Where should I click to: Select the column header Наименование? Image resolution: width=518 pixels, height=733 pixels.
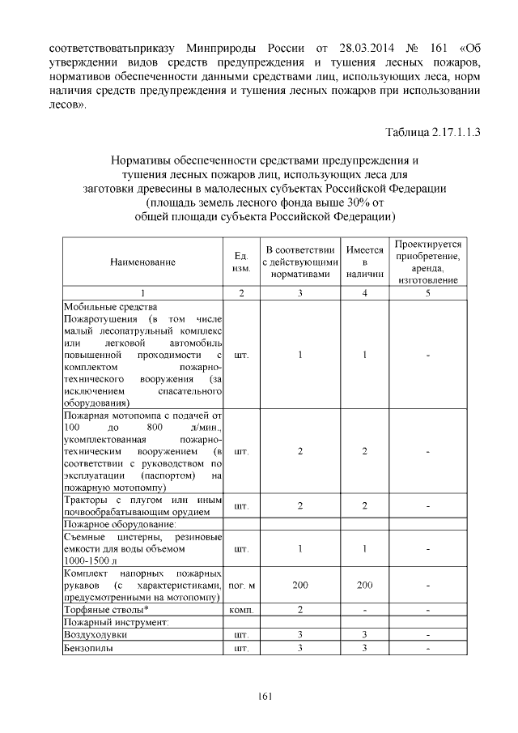143,261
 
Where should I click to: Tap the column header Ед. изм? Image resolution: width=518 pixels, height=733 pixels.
241,261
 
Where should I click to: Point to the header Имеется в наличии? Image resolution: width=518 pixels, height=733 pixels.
364,262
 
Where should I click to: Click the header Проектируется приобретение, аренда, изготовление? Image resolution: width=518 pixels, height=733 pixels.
428,261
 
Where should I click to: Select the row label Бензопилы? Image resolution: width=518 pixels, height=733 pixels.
89,649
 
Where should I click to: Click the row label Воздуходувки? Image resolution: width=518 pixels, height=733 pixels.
96,635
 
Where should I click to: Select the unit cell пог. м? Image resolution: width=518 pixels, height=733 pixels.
241,585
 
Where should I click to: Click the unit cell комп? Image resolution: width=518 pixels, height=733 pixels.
241,608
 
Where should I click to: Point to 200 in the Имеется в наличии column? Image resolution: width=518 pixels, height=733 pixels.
364,585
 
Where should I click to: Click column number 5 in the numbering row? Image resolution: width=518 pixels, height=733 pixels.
428,292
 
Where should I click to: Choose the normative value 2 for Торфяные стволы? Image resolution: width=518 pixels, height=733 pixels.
299,608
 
